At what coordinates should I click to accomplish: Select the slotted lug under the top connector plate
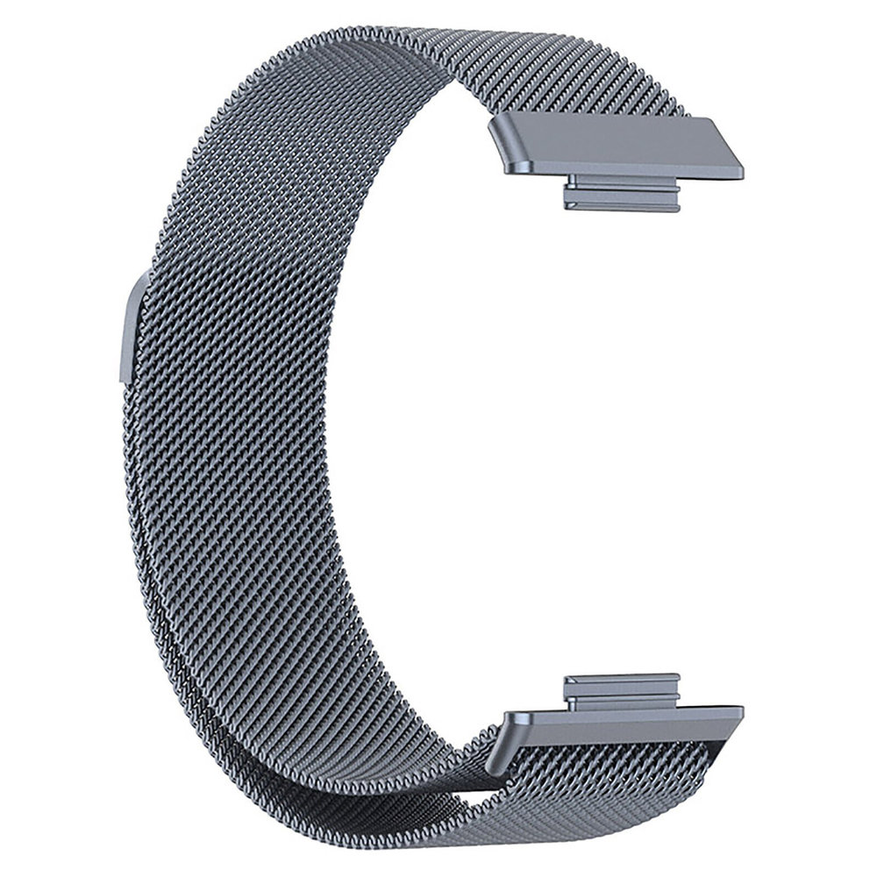point(621,194)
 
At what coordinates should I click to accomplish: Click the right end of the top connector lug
point(676,196)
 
